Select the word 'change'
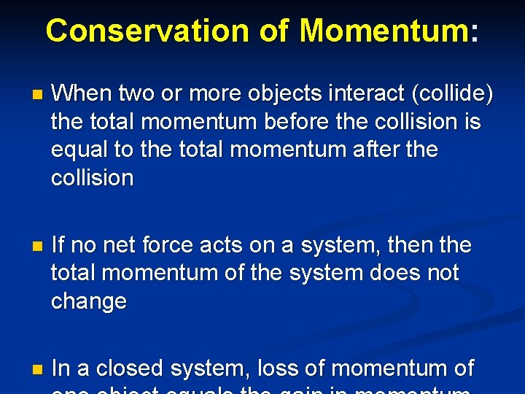(89, 301)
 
